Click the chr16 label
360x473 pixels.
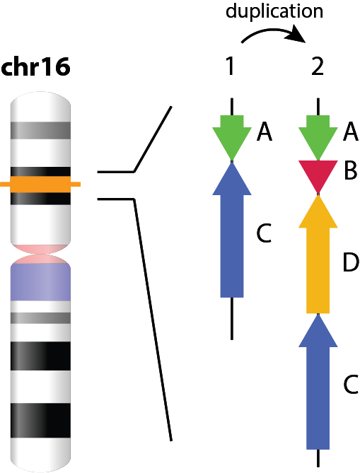pos(35,66)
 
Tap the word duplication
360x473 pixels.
pos(274,11)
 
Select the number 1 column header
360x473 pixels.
pos(231,66)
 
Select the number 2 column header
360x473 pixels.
pos(318,66)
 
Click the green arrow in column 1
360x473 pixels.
pos(232,136)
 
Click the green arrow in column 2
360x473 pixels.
pos(318,136)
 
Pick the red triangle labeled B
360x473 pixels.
pos(318,173)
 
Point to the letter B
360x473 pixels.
pos(351,170)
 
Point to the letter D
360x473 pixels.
pos(351,262)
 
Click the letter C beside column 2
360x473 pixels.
pos(351,385)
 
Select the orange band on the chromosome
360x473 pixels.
pos(40,185)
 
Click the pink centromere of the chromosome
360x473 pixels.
pos(40,254)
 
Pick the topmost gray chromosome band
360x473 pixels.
pos(40,130)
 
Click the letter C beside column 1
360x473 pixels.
pos(264,233)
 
